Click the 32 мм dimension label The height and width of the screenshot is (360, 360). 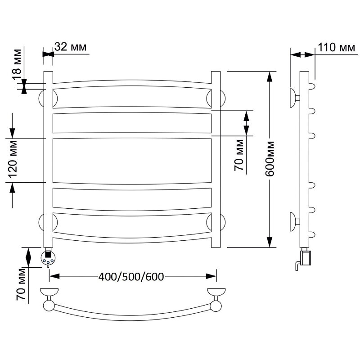(x=71, y=47)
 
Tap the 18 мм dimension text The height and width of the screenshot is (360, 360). (x=18, y=64)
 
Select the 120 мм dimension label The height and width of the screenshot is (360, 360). (x=13, y=159)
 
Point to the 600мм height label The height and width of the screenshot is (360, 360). (x=270, y=159)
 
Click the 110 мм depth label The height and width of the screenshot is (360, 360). (x=336, y=48)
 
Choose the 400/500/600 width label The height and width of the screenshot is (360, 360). (x=131, y=277)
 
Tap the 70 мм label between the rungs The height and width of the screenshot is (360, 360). (x=239, y=155)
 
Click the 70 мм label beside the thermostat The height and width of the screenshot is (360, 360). (x=21, y=285)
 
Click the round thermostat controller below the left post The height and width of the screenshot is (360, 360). (x=48, y=257)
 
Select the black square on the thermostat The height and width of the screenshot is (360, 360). (x=48, y=254)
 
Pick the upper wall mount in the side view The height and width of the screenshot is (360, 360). (x=295, y=98)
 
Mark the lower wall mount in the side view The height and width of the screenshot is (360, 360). (x=295, y=222)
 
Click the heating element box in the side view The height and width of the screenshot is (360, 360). (x=306, y=258)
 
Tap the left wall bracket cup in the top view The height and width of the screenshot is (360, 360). (x=49, y=292)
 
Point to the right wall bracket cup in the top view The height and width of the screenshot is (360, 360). (x=216, y=292)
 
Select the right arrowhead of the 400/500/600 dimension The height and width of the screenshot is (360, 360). (x=211, y=276)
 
